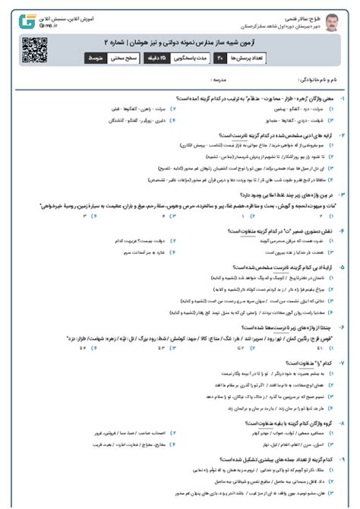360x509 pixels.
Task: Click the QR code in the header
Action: tap(30, 49)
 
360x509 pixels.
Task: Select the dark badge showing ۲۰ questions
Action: tap(219, 57)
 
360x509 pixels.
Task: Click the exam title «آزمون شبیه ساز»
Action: tap(243, 41)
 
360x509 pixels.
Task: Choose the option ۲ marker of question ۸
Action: tap(174, 433)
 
